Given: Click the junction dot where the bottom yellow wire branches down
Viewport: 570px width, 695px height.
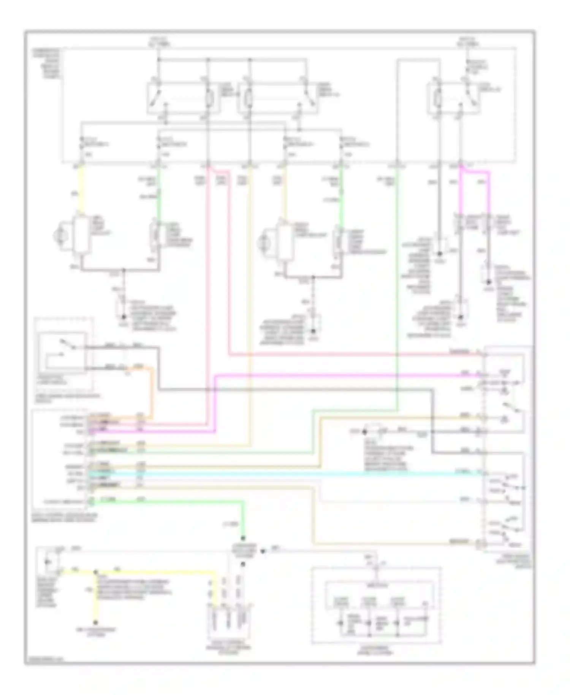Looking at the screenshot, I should click(x=95, y=571).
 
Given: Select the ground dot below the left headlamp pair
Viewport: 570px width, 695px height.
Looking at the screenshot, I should click(x=123, y=317).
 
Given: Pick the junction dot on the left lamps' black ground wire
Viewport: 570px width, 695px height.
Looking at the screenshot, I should click(x=123, y=270).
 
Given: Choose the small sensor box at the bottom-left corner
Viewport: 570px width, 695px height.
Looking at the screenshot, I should click(x=47, y=563).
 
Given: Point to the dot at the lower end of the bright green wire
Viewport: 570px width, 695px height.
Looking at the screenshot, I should click(x=243, y=539).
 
